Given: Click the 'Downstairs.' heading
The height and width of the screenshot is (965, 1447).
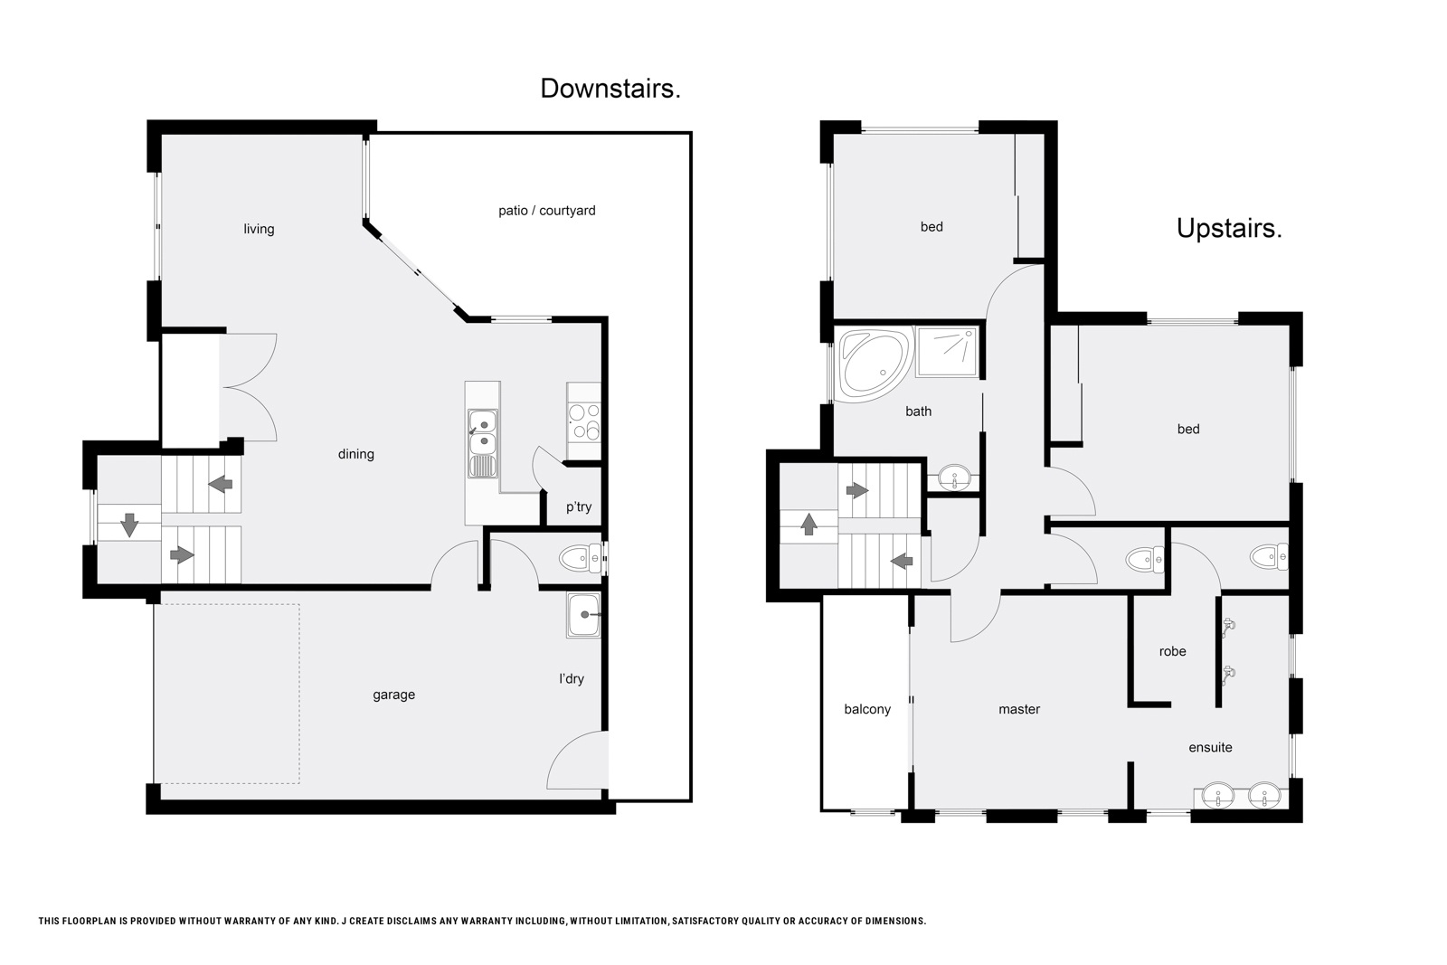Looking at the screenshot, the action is (610, 89).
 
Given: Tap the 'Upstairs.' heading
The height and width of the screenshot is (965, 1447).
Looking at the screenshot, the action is (1229, 228).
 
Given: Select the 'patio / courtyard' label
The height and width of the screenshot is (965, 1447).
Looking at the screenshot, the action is (546, 211).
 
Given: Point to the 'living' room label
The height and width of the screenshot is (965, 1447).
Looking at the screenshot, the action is (259, 230).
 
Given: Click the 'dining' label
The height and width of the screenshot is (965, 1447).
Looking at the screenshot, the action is (356, 454).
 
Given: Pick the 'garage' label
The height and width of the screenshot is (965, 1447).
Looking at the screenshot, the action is (393, 695).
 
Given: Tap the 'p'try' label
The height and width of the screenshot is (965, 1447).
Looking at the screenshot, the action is (579, 507).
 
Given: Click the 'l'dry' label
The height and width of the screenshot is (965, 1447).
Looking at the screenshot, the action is (571, 679).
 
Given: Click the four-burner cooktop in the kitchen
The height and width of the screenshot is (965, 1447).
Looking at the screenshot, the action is (584, 421).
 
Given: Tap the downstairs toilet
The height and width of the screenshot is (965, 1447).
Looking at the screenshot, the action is (582, 557).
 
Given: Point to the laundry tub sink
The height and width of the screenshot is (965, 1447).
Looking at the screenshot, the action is (584, 615).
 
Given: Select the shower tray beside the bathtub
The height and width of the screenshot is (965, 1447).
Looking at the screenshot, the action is (947, 352).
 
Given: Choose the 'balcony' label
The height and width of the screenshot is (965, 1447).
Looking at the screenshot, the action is (867, 709).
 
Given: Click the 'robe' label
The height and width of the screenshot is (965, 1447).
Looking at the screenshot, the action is (1172, 652).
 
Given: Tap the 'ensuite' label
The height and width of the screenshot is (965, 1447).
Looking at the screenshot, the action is (1210, 747).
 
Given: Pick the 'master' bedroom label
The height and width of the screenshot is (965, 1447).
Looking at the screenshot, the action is (1018, 709).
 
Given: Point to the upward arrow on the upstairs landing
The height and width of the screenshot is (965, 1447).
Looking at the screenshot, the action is (809, 523).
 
